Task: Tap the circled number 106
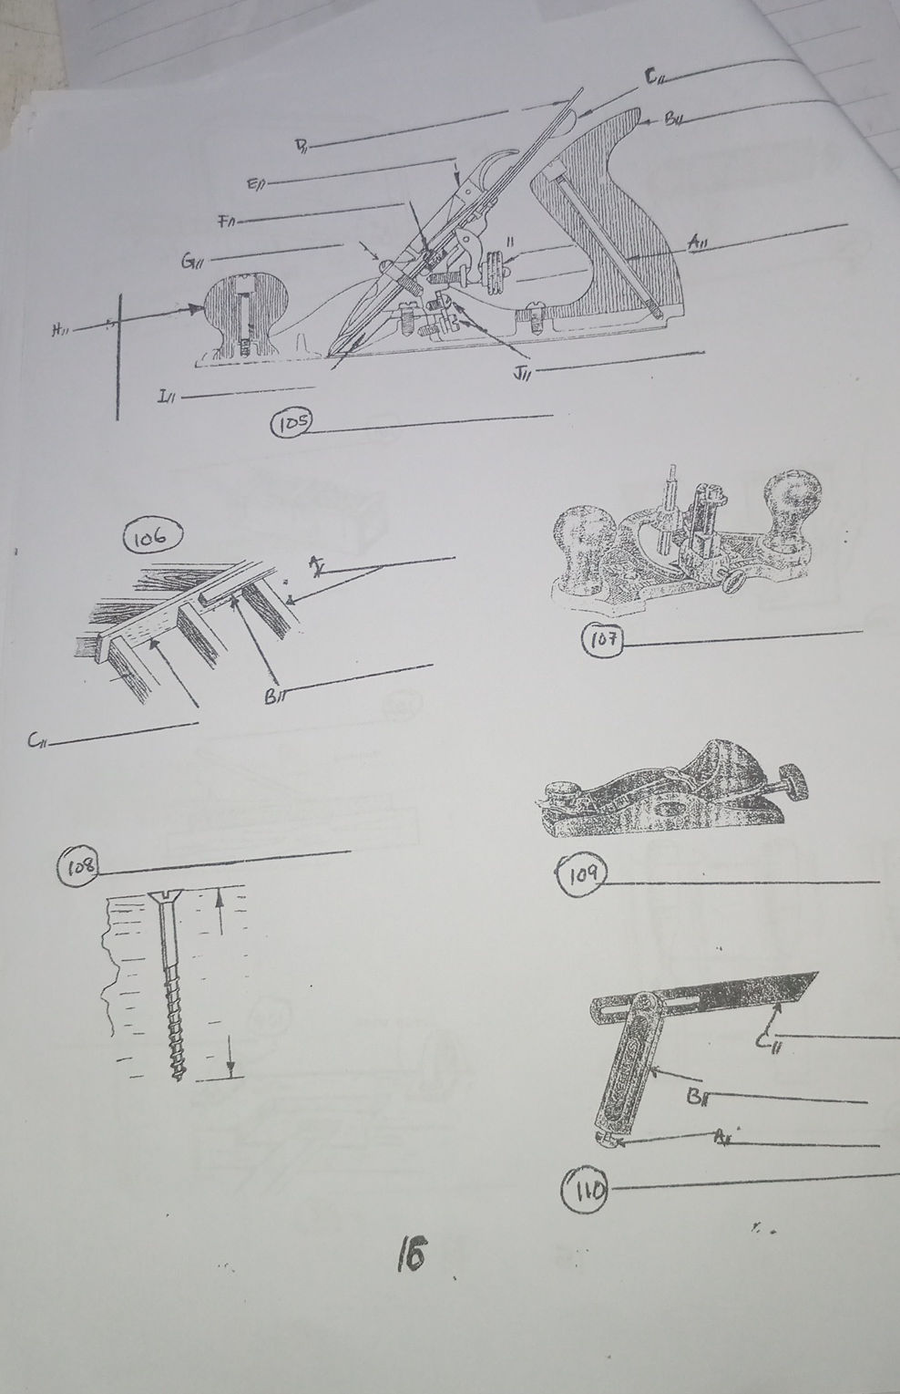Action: click(x=151, y=537)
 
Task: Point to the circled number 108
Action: click(x=78, y=865)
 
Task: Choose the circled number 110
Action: click(x=584, y=1187)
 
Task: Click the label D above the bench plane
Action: click(x=300, y=146)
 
